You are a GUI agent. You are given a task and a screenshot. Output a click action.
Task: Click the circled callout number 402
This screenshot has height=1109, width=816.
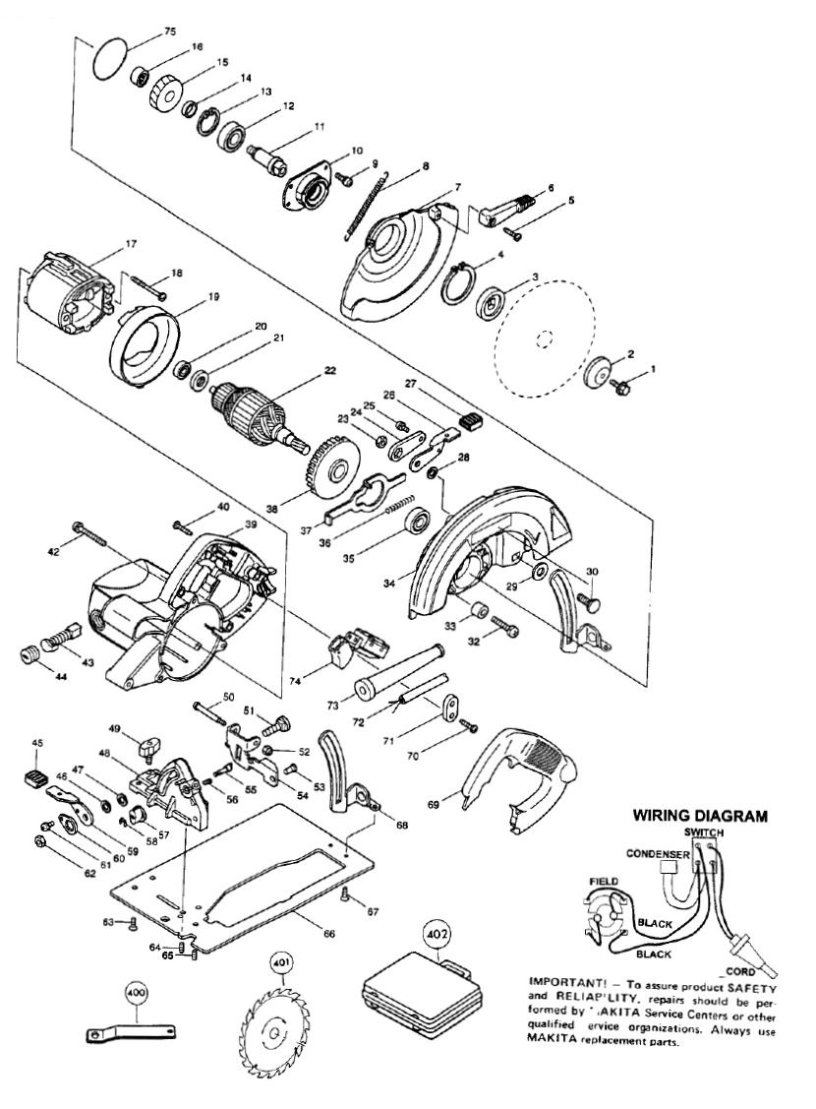pos(435,931)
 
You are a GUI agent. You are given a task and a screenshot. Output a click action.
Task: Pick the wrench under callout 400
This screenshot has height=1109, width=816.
pos(132,1031)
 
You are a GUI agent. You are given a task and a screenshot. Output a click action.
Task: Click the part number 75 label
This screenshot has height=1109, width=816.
pos(144,31)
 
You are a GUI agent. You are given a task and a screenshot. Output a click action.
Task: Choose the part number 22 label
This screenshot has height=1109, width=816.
pos(317,372)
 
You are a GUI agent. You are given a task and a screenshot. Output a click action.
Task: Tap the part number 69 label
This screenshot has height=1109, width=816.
pos(434,804)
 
